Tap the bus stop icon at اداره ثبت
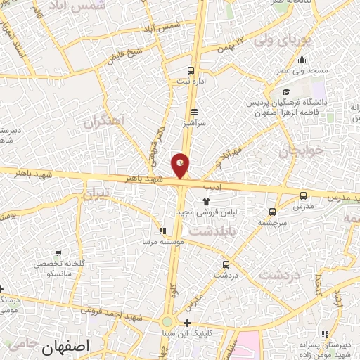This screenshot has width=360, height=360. click(x=191, y=70)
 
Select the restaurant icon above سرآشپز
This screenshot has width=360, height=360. click(x=195, y=112)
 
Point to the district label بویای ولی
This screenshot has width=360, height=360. click(x=303, y=41)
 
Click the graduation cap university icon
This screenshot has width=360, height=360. click(x=285, y=91)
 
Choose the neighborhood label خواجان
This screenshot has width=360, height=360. click(x=300, y=150)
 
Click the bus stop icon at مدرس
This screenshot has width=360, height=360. click(x=303, y=195)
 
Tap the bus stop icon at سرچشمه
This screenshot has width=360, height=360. click(x=272, y=211)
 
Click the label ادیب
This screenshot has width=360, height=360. click(x=212, y=188)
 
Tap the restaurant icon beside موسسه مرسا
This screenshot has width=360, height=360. click(x=162, y=230)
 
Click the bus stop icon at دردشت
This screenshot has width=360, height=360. click(x=225, y=264)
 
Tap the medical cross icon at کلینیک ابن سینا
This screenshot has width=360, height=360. click(x=187, y=323)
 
